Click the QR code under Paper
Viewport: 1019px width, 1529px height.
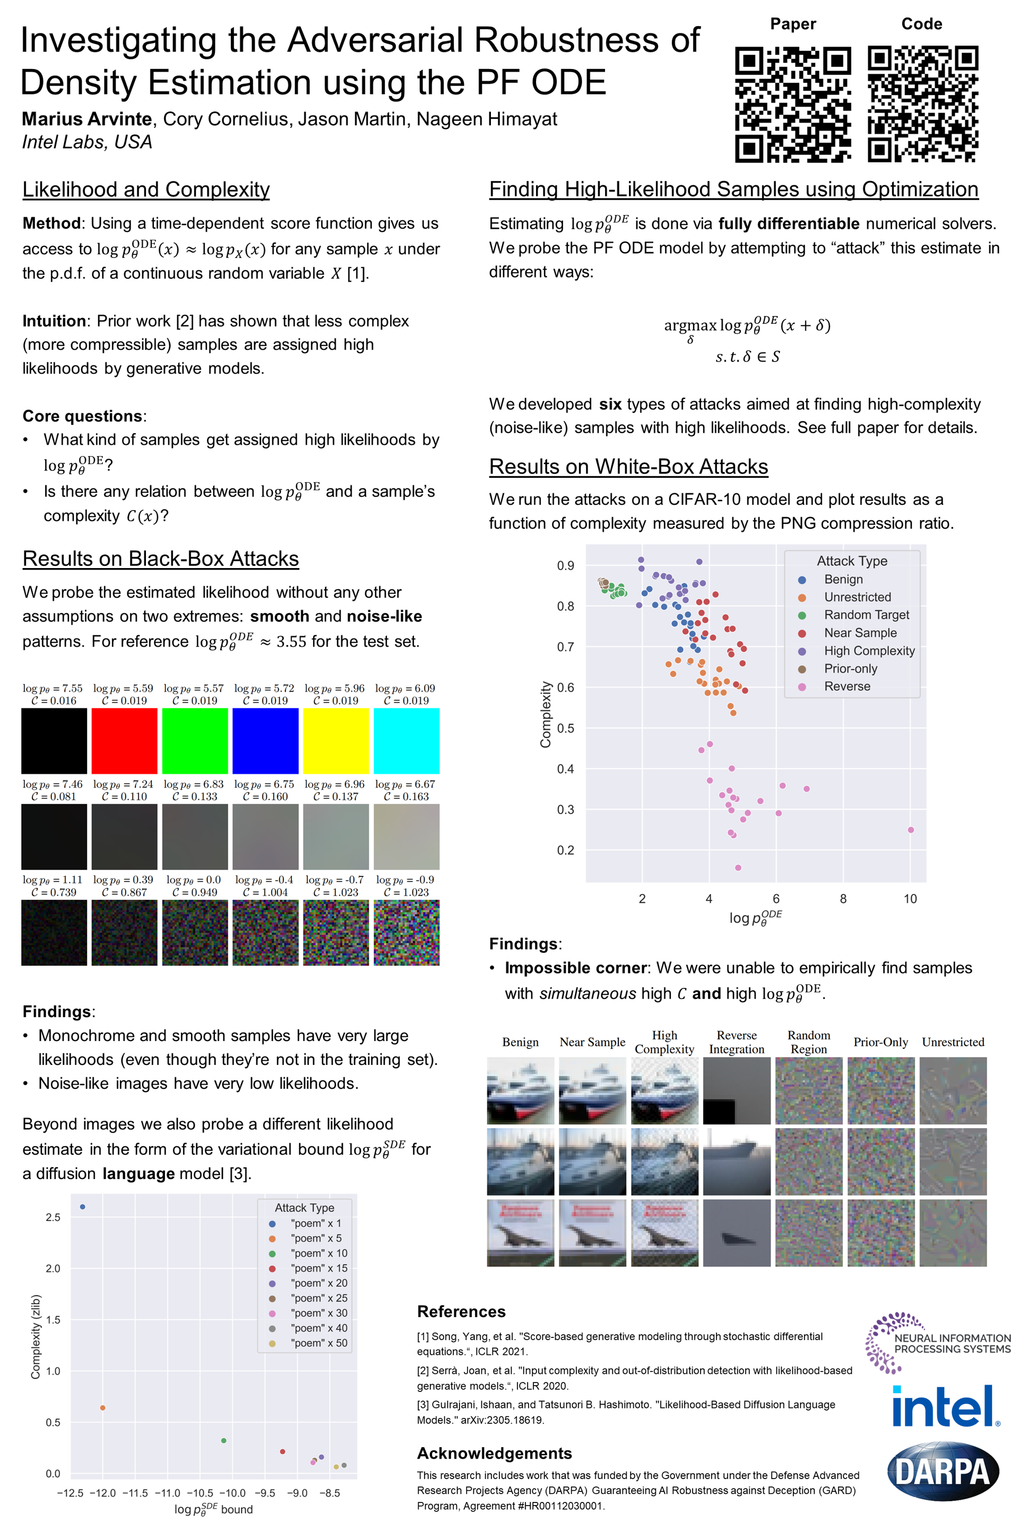(793, 104)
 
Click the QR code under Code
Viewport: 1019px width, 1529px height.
(923, 104)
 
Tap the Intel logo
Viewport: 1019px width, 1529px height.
(946, 1407)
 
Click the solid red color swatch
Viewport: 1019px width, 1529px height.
(124, 741)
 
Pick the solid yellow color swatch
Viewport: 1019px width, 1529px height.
(336, 741)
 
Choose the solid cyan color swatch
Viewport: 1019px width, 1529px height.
(406, 741)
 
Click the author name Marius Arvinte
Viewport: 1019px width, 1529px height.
(87, 119)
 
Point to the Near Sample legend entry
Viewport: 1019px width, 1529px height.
(860, 632)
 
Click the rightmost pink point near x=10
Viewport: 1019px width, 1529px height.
(911, 829)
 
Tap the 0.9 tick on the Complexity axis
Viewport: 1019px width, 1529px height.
(565, 565)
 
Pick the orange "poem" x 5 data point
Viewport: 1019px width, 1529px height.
(102, 1407)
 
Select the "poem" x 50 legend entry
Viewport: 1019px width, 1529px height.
(318, 1343)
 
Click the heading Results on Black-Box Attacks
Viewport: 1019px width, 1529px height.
(160, 559)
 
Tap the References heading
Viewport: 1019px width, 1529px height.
(461, 1311)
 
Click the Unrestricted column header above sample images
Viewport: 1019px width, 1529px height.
(953, 1042)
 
